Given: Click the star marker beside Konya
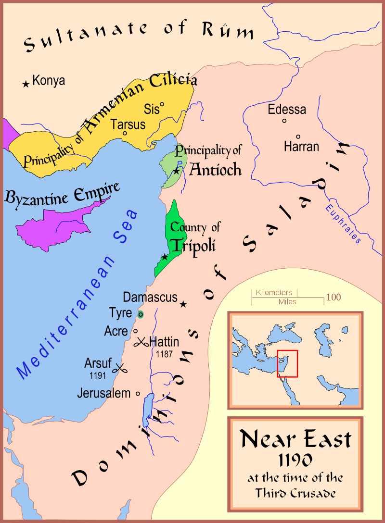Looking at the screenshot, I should click(26, 84).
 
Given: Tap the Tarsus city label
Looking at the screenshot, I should click(128, 125).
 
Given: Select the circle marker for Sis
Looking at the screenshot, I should click(162, 104).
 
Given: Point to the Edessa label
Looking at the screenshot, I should click(287, 109).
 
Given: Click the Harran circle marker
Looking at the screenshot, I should click(298, 137).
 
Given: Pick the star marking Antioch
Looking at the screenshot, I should click(177, 171).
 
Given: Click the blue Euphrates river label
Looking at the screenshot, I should click(343, 223).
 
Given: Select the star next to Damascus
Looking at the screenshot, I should click(183, 304).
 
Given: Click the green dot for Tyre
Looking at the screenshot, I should click(140, 314).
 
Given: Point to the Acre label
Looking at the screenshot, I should click(116, 331).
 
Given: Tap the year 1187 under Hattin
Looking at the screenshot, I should click(165, 354).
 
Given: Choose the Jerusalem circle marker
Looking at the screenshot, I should click(138, 393).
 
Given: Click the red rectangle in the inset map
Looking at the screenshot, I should click(287, 363).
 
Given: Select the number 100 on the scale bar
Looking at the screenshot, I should click(334, 297).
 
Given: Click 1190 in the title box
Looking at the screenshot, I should click(295, 460).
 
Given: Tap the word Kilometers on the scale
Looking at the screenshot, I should click(274, 292).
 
